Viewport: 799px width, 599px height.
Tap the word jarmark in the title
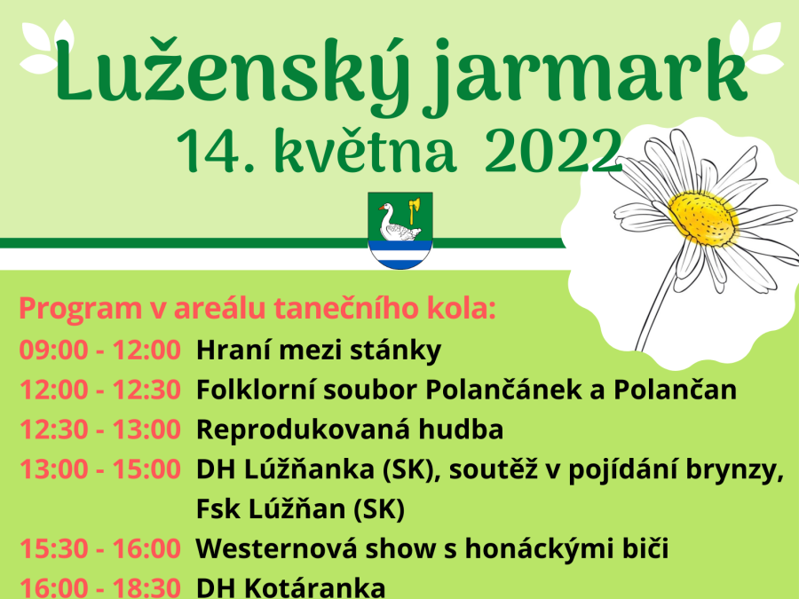click(586, 76)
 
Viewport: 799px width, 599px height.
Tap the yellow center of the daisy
click(703, 218)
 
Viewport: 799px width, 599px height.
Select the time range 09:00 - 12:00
click(99, 351)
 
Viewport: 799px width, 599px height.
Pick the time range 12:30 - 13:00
click(99, 430)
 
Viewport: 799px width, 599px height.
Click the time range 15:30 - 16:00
click(99, 548)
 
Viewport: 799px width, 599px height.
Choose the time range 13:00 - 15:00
click(99, 469)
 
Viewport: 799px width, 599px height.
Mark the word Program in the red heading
click(81, 310)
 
